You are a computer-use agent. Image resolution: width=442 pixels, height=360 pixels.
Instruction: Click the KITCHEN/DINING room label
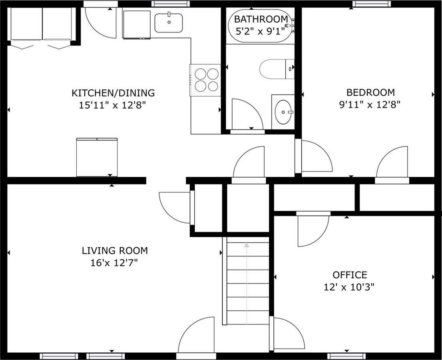(113, 93)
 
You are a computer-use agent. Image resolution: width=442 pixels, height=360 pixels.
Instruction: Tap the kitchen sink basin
(169, 23)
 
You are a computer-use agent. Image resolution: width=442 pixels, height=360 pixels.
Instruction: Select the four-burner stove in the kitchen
(205, 80)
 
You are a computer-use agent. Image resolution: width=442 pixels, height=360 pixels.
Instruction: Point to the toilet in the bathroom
(277, 69)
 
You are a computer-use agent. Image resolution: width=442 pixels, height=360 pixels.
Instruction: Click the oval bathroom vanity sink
(284, 112)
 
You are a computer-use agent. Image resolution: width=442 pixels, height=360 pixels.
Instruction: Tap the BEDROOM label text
(370, 92)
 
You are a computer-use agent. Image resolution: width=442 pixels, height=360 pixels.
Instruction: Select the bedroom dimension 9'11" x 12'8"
(370, 105)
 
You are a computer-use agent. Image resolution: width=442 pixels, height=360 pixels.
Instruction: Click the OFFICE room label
(350, 275)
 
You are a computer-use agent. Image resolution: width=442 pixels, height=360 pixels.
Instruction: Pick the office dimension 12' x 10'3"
(349, 288)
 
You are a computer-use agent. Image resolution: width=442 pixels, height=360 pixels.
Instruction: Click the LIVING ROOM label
(115, 250)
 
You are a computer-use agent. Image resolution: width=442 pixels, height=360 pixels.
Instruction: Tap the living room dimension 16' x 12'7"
(114, 263)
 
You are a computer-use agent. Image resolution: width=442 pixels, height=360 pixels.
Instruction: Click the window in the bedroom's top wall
(372, 4)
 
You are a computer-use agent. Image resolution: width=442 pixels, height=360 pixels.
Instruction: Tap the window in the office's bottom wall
(346, 356)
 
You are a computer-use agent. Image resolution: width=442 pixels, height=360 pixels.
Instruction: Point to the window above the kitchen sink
(170, 4)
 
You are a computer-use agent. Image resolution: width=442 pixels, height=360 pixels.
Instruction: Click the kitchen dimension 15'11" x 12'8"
(112, 106)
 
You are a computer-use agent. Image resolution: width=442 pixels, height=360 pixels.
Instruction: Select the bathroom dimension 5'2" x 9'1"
(259, 31)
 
